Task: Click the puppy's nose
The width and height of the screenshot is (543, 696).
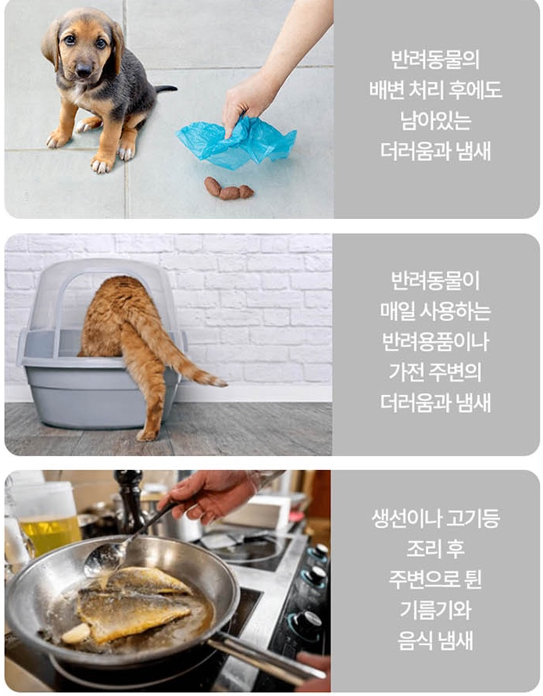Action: [83, 70]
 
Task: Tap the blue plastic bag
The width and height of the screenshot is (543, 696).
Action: [238, 142]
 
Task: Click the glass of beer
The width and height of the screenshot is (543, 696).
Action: [49, 532]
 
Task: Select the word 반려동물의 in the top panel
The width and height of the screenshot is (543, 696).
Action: [435, 59]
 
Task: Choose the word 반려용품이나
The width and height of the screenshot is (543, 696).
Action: [435, 342]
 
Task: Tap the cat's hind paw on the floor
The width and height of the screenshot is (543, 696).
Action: [147, 435]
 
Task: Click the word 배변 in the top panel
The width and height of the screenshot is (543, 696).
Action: [385, 90]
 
